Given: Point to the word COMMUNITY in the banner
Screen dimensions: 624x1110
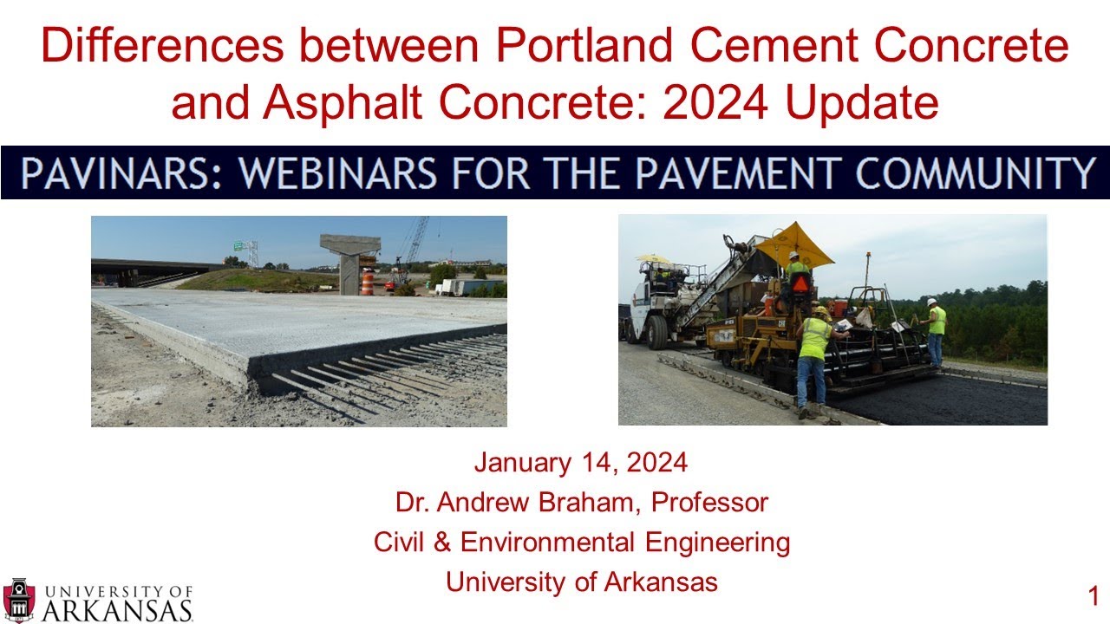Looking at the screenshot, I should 975,173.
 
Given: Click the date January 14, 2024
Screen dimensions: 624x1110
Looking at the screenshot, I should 580,463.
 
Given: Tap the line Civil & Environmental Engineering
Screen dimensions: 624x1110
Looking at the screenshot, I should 581,543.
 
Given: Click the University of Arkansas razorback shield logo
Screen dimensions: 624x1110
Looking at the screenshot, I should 19,600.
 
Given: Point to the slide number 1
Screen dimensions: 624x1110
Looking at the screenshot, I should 1093,596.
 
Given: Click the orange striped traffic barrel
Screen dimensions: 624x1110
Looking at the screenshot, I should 368,283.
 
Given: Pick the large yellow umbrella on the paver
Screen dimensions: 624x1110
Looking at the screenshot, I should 793,244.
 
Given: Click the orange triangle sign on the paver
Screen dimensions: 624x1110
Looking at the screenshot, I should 800,283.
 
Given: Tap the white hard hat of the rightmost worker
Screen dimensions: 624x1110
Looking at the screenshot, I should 931,302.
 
